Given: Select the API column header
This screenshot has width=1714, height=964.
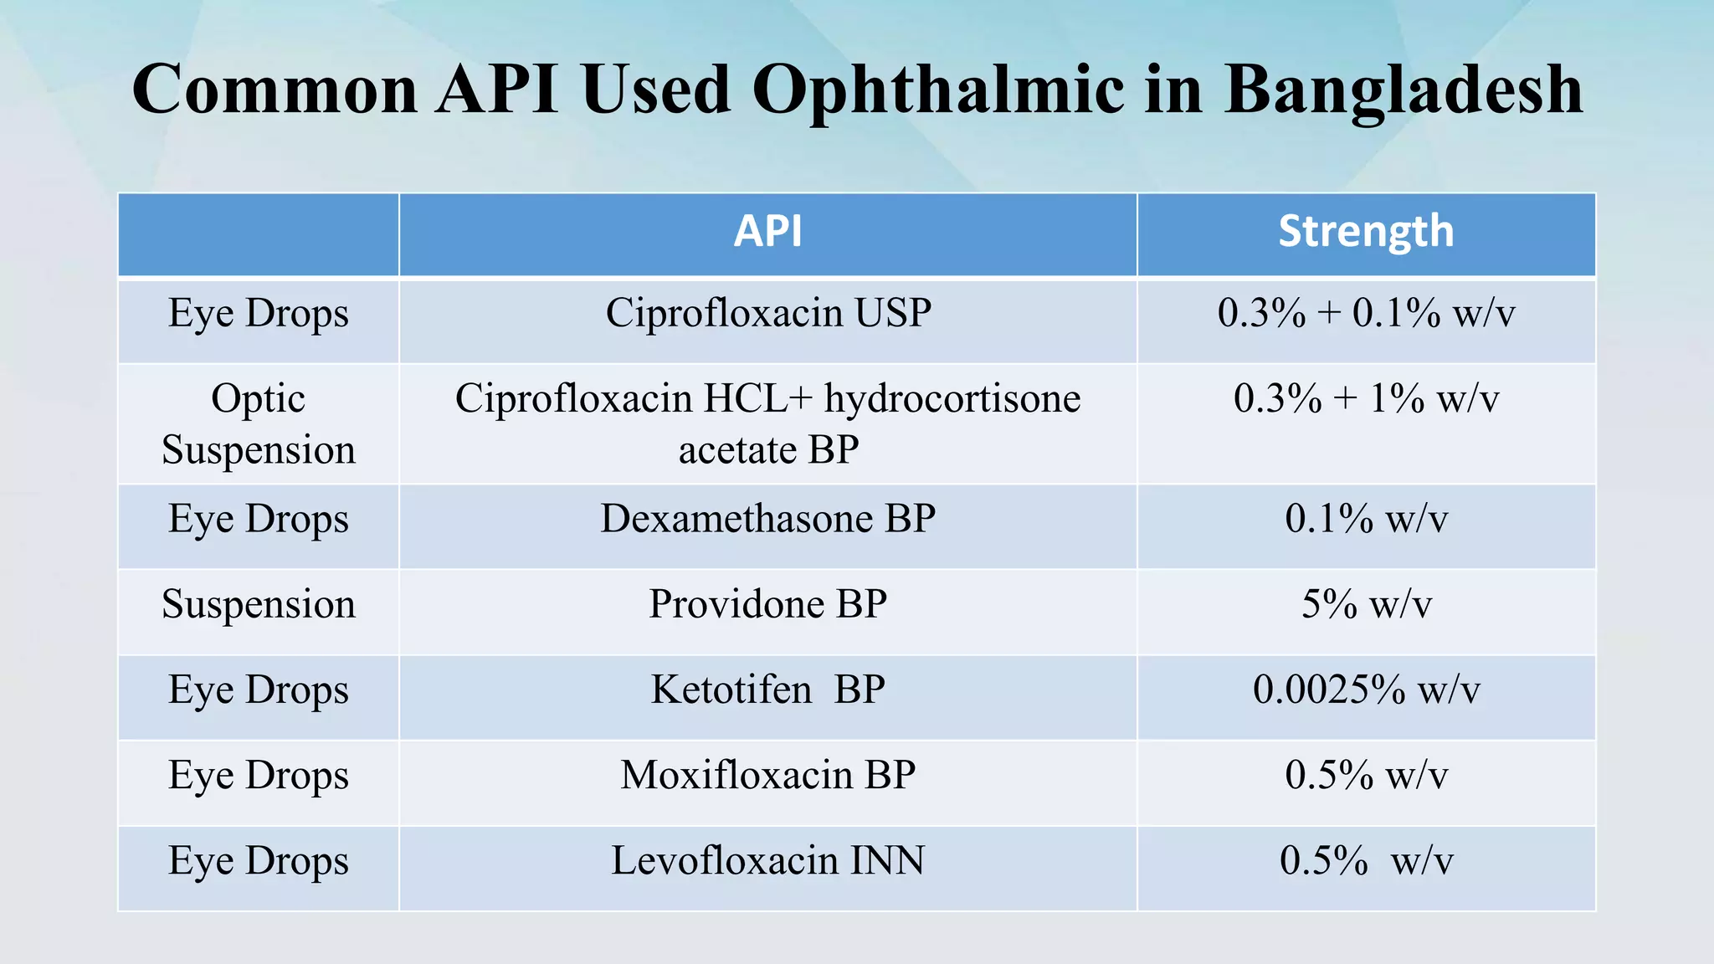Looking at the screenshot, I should [767, 232].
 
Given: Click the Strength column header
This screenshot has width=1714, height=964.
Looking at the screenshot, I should [1365, 232].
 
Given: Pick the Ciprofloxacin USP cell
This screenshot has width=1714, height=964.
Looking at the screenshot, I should [767, 314].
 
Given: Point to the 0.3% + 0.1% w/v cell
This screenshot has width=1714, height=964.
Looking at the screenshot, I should [1365, 314].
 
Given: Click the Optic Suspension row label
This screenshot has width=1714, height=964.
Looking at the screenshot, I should [259, 424].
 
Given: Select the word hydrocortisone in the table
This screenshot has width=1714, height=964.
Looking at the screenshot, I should [952, 398].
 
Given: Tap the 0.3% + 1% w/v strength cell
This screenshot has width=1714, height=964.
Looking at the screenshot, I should [1365, 399].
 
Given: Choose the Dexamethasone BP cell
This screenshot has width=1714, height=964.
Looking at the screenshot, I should [767, 519].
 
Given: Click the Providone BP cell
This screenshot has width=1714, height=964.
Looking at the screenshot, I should [767, 604].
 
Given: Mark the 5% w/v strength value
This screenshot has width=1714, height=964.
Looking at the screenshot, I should [1365, 604].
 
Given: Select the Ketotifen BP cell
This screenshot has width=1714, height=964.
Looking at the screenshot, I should [767, 690].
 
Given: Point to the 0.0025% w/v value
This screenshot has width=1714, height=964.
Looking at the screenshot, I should [1365, 690].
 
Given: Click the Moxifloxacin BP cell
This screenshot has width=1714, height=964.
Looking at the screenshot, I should [767, 776].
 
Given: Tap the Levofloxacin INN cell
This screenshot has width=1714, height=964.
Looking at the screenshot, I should [767, 861].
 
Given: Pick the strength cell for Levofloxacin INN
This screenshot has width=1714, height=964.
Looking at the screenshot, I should [1365, 861].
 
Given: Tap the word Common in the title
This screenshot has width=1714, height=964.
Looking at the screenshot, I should [275, 90].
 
